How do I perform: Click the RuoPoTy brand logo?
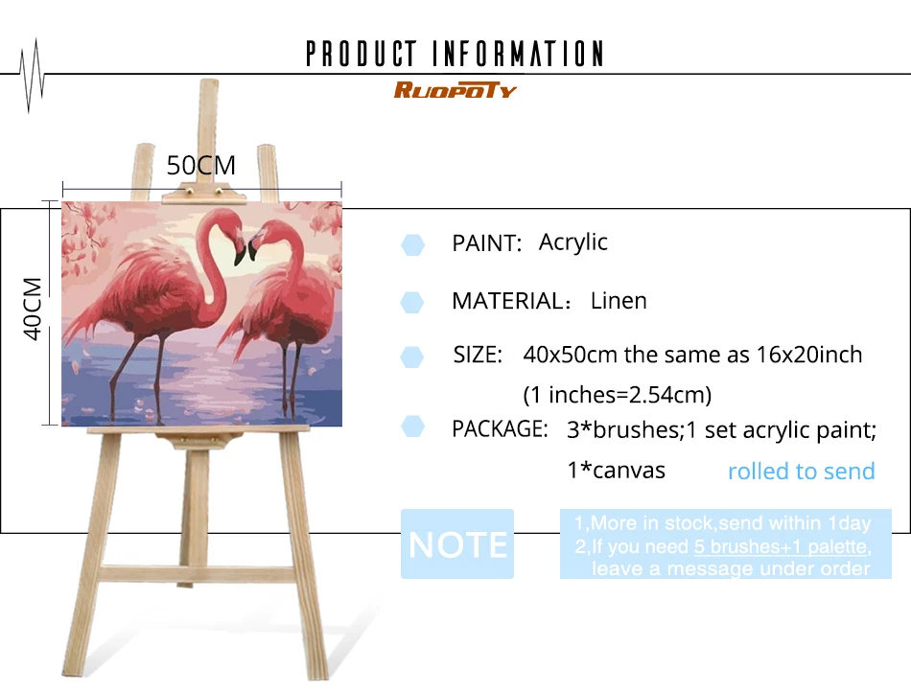[455, 90]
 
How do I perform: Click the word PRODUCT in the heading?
[362, 54]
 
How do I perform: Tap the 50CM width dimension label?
[201, 166]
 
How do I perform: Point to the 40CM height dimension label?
[33, 309]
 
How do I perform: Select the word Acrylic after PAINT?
[572, 242]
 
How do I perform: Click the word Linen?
[619, 301]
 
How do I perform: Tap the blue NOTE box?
[457, 544]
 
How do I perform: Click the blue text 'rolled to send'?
[801, 471]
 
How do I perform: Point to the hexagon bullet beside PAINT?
[412, 245]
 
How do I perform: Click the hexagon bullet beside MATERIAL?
[412, 303]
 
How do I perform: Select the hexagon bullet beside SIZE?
[412, 358]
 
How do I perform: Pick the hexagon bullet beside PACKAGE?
[412, 427]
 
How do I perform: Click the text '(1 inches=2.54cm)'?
[617, 395]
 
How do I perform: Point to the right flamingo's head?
[260, 235]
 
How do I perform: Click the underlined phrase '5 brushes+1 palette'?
[781, 546]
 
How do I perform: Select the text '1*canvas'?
[616, 471]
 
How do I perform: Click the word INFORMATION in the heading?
[518, 54]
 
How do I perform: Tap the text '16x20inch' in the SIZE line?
[809, 355]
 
